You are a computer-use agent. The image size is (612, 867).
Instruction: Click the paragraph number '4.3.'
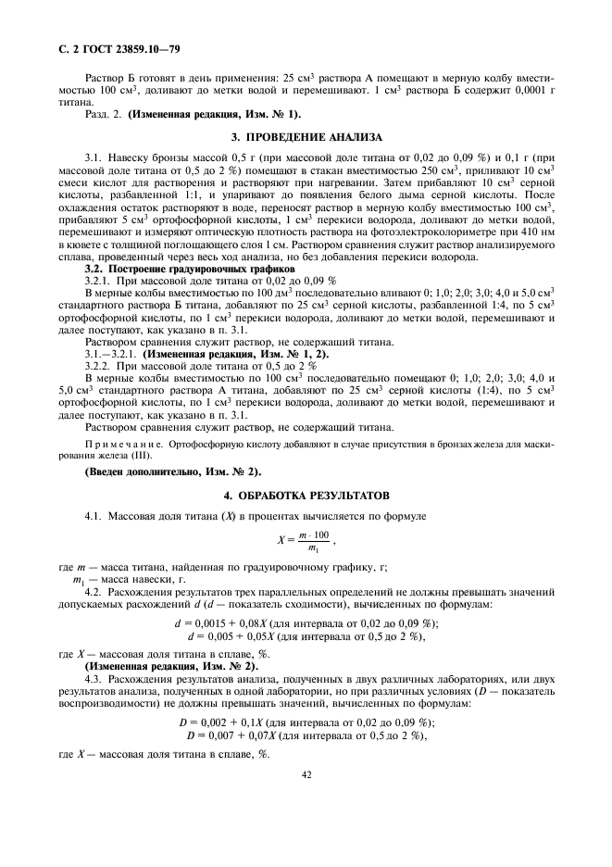95,679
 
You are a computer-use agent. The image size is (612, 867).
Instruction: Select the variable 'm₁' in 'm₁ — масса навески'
78,579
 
